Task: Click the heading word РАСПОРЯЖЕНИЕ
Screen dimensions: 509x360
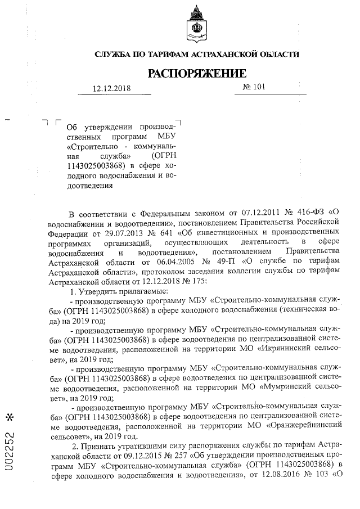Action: (x=197, y=74)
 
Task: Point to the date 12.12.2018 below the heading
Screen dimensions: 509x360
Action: (x=111, y=89)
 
